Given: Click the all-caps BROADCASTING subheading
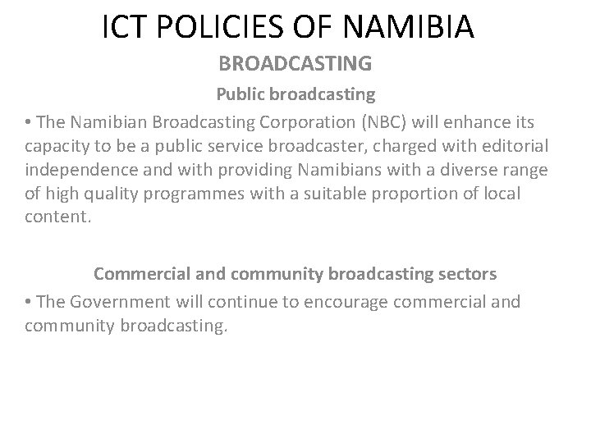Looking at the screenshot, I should click(x=295, y=63).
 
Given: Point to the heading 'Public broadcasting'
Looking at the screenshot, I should click(x=295, y=94).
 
